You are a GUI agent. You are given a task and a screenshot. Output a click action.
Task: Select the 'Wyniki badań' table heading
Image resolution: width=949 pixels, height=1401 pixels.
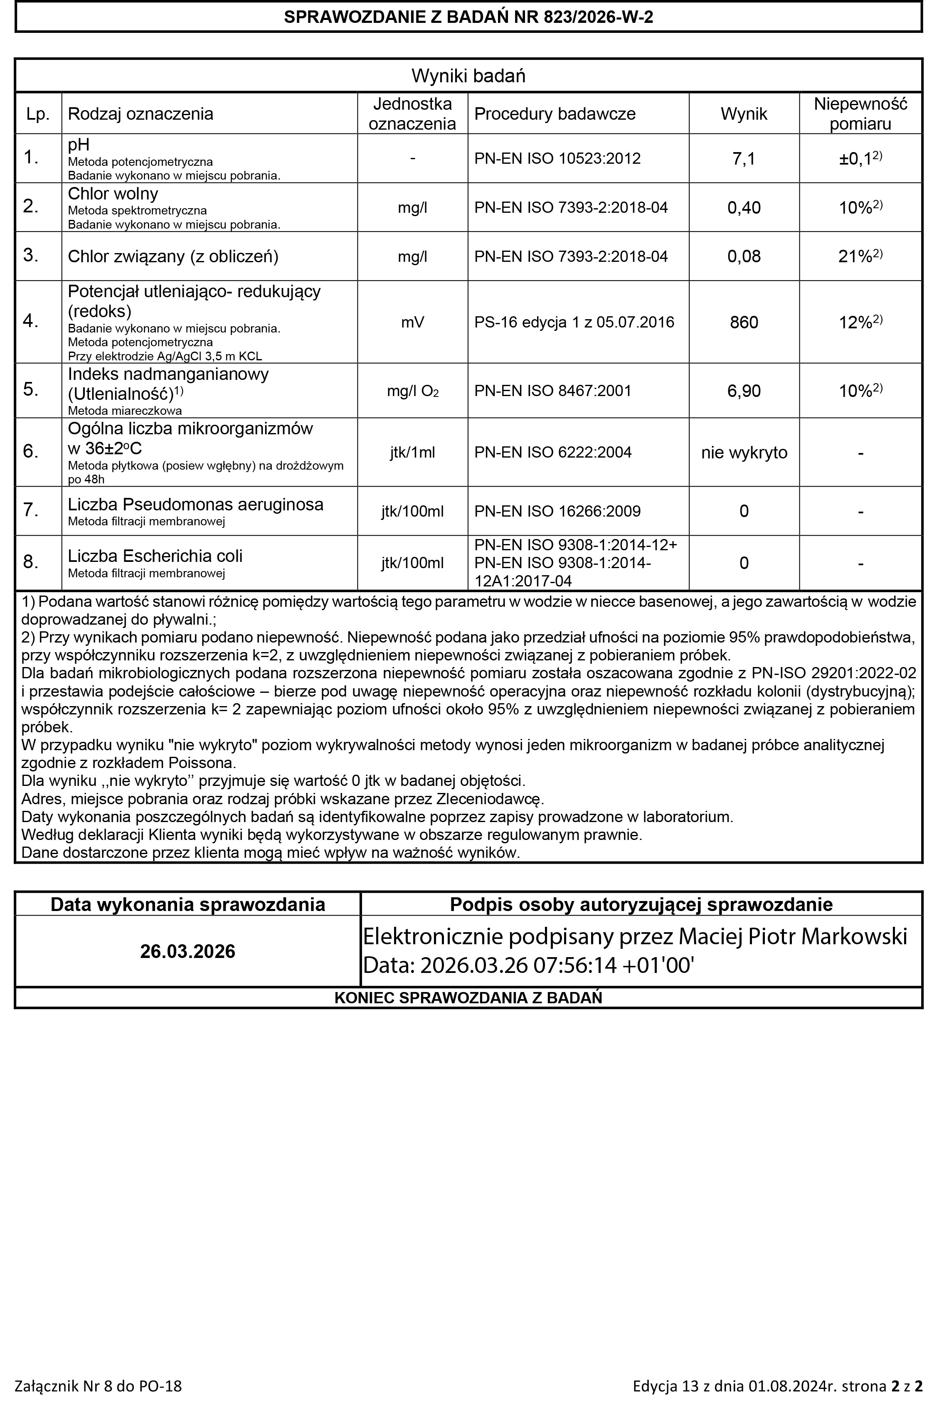468,76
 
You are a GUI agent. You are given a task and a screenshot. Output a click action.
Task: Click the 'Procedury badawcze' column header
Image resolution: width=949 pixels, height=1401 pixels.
555,114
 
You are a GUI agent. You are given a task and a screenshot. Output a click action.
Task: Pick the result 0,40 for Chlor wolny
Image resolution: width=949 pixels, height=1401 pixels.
743,208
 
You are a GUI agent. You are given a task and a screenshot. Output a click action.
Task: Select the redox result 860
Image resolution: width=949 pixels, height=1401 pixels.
743,323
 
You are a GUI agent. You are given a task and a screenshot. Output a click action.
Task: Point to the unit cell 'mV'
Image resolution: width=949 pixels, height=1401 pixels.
412,323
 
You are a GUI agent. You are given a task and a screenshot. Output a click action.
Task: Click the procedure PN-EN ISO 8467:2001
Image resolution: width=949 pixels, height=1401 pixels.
552,391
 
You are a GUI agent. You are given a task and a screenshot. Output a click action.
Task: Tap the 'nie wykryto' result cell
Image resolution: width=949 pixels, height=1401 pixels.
743,453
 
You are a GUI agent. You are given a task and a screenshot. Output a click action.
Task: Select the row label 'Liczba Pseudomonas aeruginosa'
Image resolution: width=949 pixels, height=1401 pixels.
195,505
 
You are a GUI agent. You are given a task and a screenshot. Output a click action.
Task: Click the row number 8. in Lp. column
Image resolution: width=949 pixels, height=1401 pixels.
31,562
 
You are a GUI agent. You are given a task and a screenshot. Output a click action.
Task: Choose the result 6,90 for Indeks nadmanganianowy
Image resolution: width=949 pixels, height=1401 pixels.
743,391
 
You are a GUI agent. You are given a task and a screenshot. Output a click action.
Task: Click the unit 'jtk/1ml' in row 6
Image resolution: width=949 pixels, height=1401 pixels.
412,453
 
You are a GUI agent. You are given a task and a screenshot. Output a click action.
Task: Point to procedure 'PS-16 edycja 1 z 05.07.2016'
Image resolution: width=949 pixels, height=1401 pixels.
574,323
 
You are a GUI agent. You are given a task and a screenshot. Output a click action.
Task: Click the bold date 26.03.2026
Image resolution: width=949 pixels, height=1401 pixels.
187,951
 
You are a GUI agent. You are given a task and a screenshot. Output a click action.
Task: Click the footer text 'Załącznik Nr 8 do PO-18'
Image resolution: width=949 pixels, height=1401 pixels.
98,1385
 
